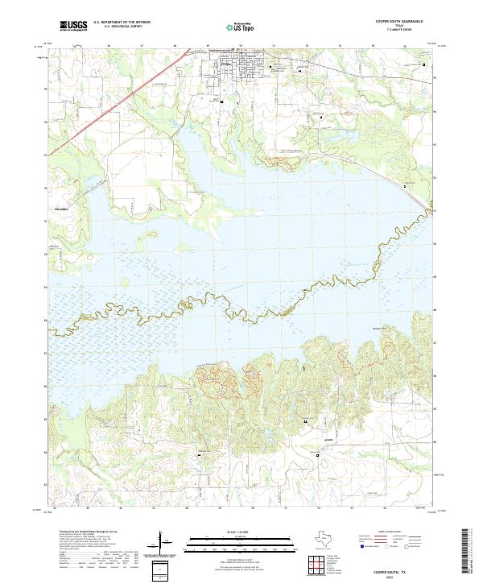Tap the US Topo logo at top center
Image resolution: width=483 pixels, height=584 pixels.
tap(241, 27)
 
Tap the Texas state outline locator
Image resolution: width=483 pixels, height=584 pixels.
tap(324, 538)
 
